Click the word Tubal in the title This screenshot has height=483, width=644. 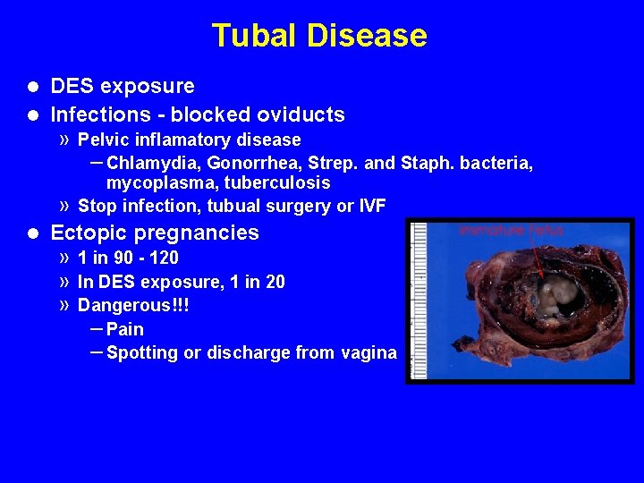(x=256, y=36)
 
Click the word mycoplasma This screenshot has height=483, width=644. (x=156, y=183)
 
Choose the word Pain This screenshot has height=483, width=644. (x=125, y=329)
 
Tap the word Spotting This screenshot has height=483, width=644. (x=141, y=352)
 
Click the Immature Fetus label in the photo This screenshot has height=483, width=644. (x=512, y=230)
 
